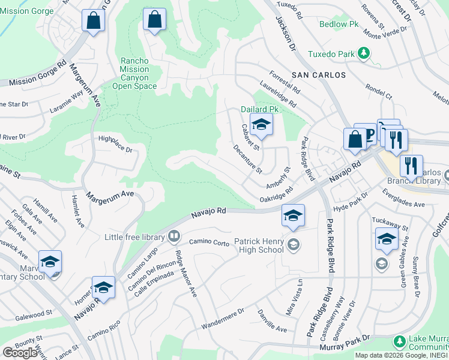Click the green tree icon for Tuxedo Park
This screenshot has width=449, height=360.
click(363, 54)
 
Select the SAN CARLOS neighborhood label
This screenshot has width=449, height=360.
click(319, 75)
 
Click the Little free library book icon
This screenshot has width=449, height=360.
click(174, 236)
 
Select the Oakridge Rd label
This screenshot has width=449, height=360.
click(276, 194)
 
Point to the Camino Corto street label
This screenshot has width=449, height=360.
click(209, 242)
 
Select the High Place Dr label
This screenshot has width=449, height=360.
click(115, 143)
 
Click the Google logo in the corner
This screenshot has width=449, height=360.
click(20, 352)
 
